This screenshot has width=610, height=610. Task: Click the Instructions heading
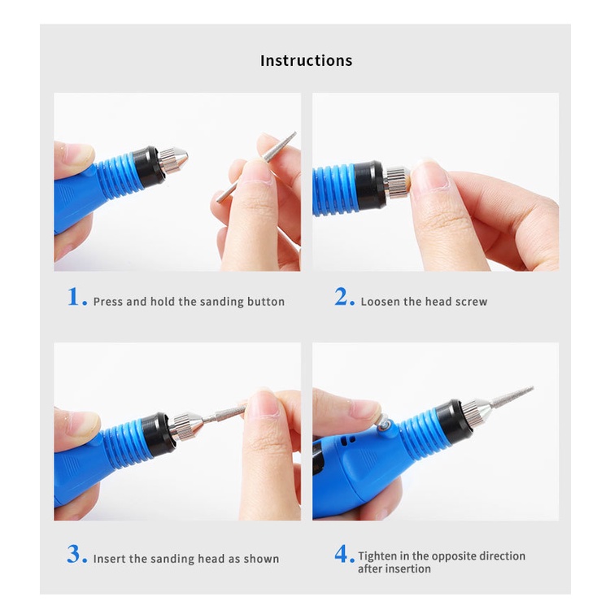click(306, 61)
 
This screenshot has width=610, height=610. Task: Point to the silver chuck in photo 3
click(189, 426)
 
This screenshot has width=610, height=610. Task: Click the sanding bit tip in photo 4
click(532, 388)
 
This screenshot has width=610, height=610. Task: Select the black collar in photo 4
click(453, 422)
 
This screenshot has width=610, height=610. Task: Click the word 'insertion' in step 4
click(407, 569)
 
